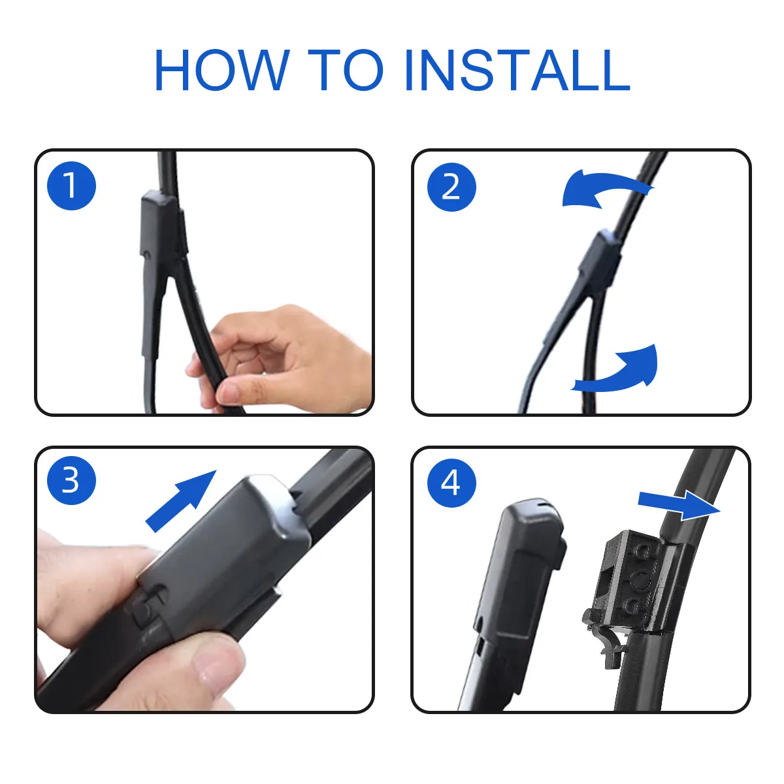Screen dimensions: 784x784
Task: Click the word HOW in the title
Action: point(221,69)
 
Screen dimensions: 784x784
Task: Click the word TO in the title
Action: point(346,69)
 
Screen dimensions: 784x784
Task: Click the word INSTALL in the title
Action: point(517,69)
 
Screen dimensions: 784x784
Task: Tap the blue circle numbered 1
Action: point(71,186)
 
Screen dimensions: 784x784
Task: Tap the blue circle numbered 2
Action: point(451,187)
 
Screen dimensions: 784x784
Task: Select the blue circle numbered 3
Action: point(71,480)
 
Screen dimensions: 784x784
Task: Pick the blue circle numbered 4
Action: point(451,483)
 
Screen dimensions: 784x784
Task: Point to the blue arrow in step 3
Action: point(181,500)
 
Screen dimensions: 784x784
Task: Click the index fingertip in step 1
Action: point(230,391)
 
